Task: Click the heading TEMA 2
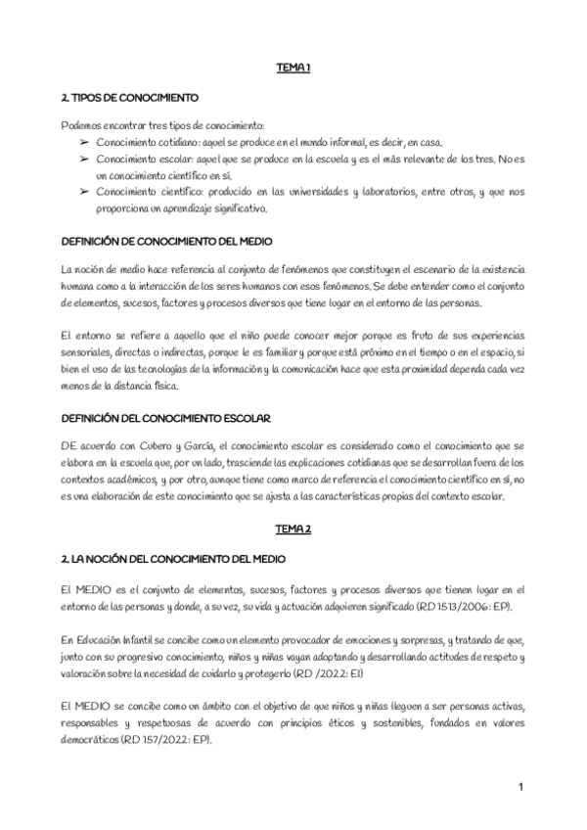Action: (293, 530)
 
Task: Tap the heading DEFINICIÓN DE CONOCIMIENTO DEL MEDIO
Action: (166, 241)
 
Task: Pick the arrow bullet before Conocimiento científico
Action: (85, 192)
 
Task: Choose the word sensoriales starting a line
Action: (87, 350)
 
